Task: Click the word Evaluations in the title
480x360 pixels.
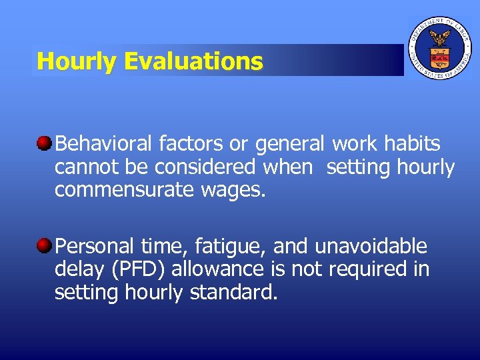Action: click(x=193, y=62)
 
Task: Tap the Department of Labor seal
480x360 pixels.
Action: click(x=439, y=49)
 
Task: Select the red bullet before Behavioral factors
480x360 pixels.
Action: click(x=45, y=143)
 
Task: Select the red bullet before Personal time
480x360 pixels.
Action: click(x=45, y=246)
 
